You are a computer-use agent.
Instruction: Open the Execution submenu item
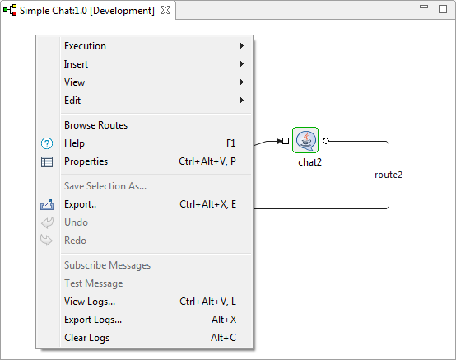(85, 46)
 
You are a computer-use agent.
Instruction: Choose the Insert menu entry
(76, 64)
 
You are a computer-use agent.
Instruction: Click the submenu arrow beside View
(242, 82)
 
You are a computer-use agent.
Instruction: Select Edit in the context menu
(72, 101)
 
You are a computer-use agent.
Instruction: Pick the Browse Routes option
(96, 125)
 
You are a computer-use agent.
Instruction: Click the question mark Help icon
(47, 143)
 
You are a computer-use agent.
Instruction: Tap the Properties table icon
(47, 161)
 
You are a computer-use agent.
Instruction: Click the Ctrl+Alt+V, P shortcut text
(207, 161)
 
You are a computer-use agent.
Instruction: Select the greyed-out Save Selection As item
(105, 186)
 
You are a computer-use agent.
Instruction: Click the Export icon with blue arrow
(47, 204)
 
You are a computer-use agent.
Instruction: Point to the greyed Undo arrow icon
(47, 222)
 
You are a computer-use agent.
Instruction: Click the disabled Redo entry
(76, 241)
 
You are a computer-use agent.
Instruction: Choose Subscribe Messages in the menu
(107, 265)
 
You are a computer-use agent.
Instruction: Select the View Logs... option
(90, 302)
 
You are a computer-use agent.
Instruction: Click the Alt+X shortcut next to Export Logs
(224, 320)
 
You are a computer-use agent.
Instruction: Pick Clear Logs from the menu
(86, 338)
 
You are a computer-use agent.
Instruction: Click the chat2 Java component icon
(305, 140)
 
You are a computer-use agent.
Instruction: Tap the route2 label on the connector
(389, 175)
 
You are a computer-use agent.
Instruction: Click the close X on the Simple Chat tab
(165, 10)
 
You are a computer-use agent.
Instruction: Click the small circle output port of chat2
(326, 141)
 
